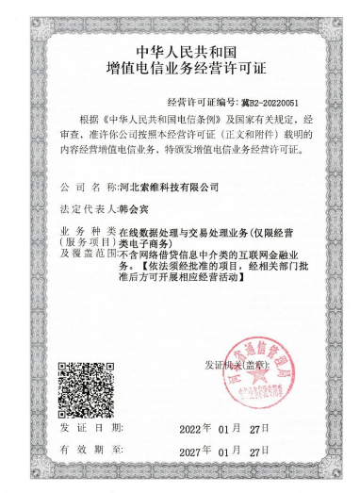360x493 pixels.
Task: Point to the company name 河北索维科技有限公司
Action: coord(161,189)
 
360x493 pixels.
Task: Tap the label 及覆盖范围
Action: coord(87,255)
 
